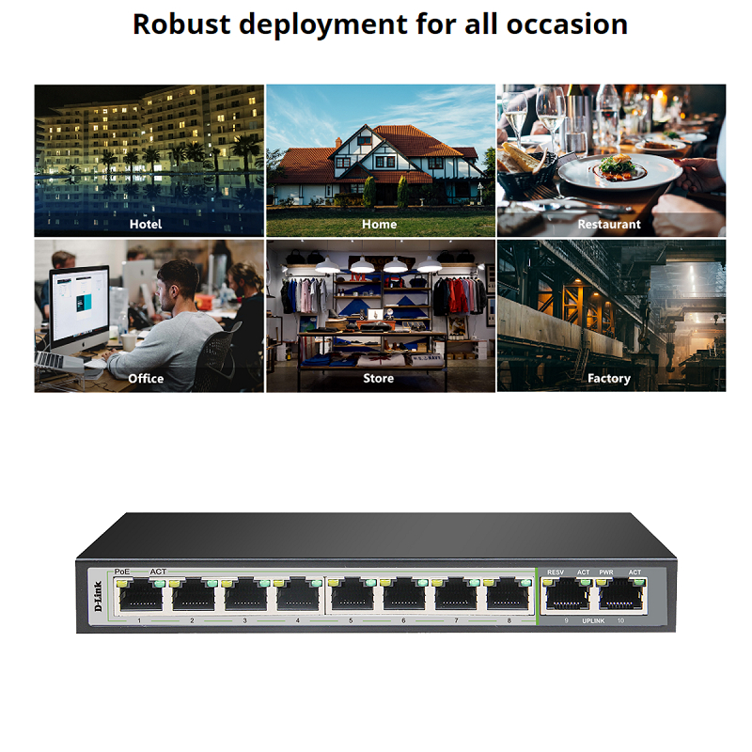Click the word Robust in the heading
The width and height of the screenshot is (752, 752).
point(181,24)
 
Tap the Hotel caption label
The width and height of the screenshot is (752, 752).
point(146,224)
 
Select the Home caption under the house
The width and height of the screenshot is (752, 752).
point(380,224)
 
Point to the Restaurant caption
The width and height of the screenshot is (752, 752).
point(609,224)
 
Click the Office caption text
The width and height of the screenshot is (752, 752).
point(146,379)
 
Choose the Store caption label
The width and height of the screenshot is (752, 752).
point(379,379)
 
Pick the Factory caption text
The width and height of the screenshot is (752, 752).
point(609,379)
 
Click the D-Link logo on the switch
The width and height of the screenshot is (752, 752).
point(99,596)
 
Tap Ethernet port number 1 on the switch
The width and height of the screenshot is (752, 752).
point(141,597)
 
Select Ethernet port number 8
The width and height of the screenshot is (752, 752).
point(508,596)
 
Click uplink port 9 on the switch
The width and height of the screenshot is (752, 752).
point(568,596)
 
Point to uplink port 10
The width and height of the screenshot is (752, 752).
point(621,596)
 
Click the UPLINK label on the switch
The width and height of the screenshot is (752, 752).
point(593,621)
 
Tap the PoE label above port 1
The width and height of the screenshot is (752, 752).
point(122,572)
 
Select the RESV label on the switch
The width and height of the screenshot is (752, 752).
point(556,572)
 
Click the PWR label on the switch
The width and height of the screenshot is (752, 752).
point(606,572)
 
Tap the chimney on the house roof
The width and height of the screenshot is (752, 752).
point(338,143)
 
